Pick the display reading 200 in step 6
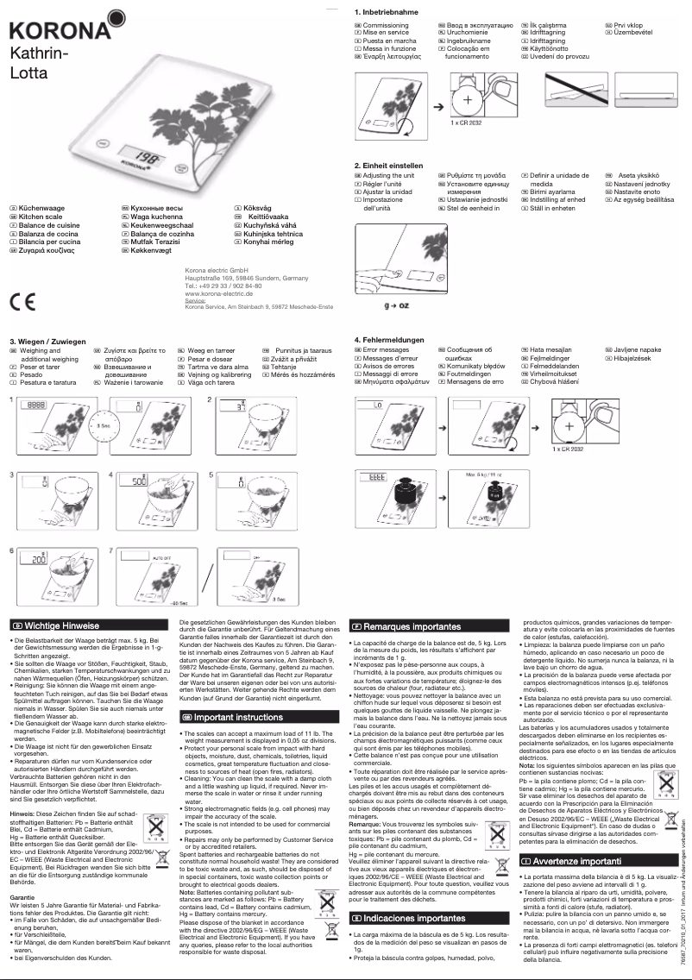tap(39, 559)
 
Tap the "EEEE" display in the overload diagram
tap(378, 476)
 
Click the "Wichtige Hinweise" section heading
tap(60, 625)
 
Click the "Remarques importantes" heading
tap(406, 625)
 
